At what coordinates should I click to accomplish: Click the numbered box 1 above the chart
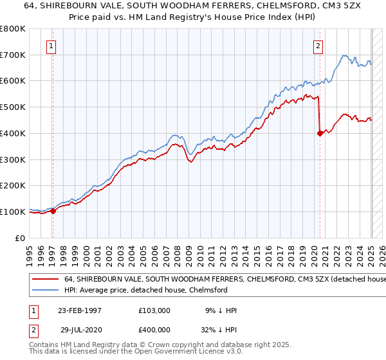[51, 46]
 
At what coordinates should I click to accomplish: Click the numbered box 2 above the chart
[318, 46]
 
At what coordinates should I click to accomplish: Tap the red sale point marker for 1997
[53, 211]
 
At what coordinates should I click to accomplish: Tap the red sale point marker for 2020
[320, 133]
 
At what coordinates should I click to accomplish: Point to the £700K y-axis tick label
[13, 55]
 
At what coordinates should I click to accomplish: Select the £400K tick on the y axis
[13, 133]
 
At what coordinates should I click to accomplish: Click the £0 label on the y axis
[20, 238]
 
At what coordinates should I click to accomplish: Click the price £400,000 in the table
[155, 328]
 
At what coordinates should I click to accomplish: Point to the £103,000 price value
[155, 310]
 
